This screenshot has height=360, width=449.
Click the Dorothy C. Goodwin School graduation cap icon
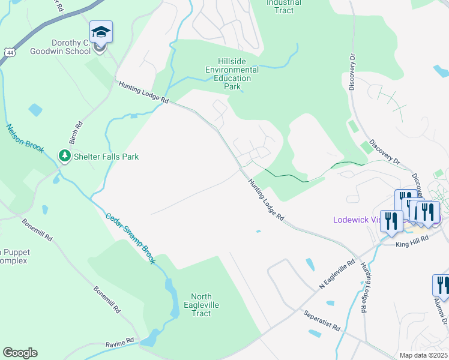tap(101, 32)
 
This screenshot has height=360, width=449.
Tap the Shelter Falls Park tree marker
tap(64, 156)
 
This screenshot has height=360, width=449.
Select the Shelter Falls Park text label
tap(106, 157)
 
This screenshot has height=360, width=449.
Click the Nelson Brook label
tap(25, 138)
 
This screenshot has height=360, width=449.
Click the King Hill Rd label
tap(412, 238)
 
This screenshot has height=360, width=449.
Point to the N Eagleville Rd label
tap(337, 274)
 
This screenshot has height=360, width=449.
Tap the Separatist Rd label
tap(322, 321)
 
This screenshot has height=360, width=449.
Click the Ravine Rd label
tap(119, 343)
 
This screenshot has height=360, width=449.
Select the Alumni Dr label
tap(444, 312)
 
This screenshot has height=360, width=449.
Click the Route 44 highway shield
tap(8, 52)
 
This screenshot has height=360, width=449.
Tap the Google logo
tap(20, 353)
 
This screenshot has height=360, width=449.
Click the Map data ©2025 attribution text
tap(423, 355)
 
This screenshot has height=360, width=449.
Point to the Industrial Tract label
tap(284, 7)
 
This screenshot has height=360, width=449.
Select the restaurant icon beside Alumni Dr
tap(442, 286)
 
